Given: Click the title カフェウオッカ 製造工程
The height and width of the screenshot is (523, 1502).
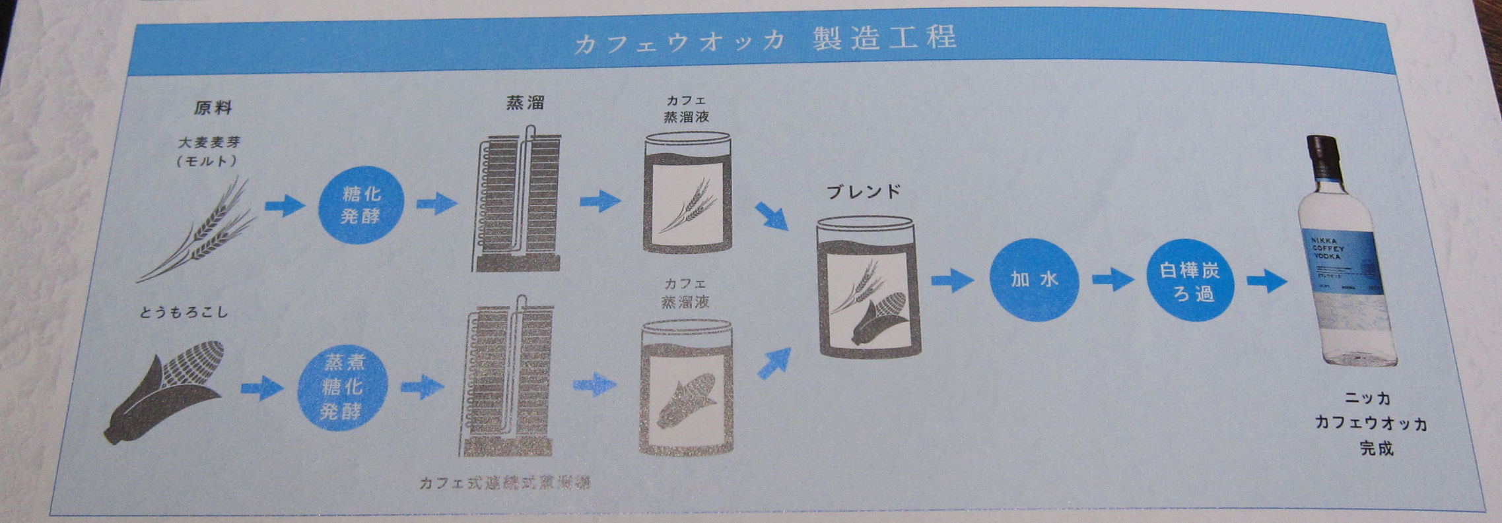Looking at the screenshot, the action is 765,40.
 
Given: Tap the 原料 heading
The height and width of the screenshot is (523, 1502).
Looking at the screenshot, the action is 213,108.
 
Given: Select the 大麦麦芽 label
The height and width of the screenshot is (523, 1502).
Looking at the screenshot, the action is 209,142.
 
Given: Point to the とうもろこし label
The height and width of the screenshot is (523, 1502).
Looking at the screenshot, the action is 184,311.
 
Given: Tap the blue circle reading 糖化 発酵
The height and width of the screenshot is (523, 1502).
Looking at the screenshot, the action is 360,204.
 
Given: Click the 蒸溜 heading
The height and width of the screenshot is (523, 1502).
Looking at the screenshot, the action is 525,103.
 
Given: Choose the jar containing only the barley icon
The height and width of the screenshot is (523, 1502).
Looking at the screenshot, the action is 687,195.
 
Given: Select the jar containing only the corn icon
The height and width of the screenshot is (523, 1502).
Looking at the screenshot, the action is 687,389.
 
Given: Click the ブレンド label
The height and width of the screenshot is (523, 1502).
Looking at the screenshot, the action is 864,191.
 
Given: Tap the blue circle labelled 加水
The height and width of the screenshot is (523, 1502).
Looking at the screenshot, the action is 1034,280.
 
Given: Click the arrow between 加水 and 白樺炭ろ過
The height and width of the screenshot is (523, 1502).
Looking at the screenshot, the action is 1112,279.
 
